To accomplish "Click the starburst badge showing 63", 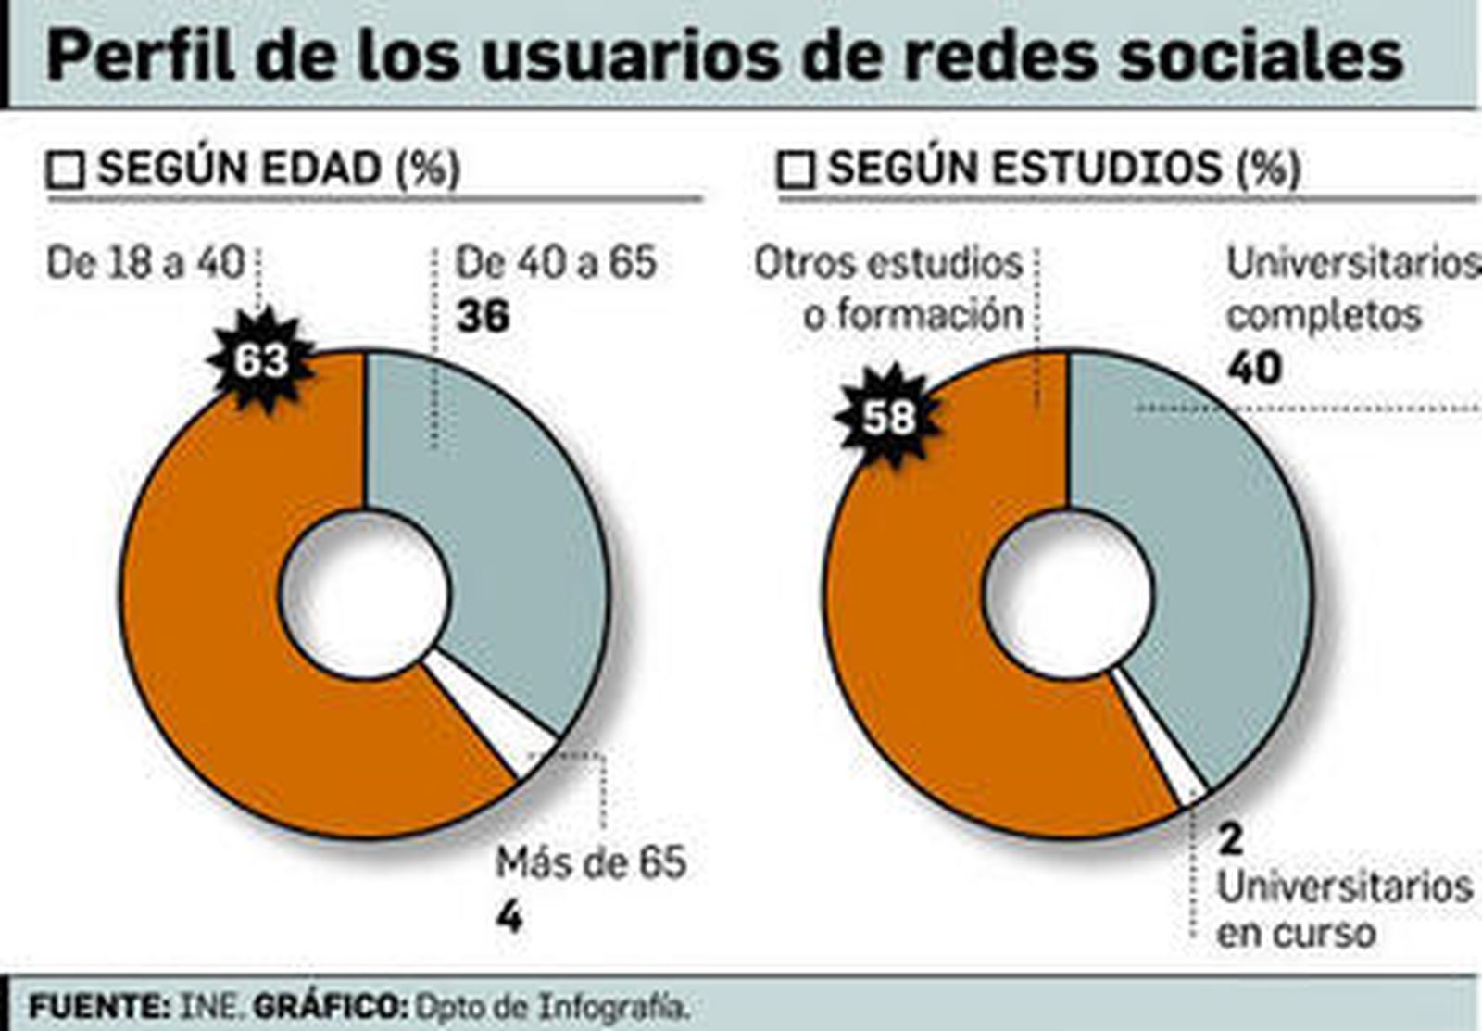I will [x=261, y=360].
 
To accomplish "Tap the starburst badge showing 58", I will [x=889, y=416].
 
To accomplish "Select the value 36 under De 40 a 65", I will [x=483, y=317].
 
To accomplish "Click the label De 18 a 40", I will [x=145, y=263].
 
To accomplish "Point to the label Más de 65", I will [x=590, y=862].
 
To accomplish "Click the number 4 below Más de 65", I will [x=509, y=917].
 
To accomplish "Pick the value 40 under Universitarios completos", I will [x=1254, y=368].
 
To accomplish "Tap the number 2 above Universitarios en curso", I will [x=1230, y=839].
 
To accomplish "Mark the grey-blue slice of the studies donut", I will [x=1223, y=556].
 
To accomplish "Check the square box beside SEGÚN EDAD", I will [x=66, y=171].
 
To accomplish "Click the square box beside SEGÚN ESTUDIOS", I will [x=796, y=171].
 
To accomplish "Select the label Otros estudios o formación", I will [x=889, y=289].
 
